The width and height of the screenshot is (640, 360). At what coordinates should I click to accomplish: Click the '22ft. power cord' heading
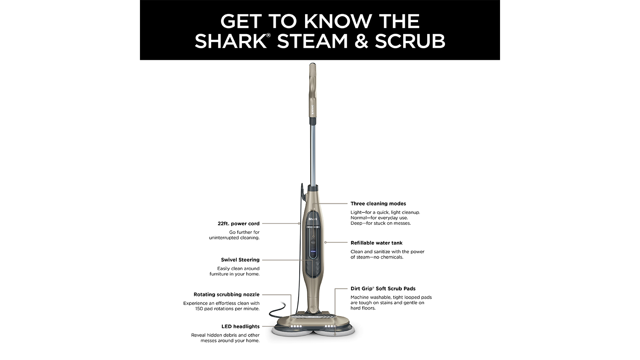pos(239,224)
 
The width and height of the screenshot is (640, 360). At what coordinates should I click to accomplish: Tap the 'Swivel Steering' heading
pos(240,260)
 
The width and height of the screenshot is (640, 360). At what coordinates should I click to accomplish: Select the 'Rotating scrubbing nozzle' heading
pos(227,294)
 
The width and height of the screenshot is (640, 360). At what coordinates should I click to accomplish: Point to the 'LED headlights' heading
pos(241,326)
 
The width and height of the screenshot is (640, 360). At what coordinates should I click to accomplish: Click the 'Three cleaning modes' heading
pos(378,203)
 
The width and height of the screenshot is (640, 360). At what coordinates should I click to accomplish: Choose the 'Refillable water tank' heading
pos(377,243)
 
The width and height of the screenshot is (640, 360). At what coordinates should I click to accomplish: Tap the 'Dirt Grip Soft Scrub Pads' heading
pos(383,289)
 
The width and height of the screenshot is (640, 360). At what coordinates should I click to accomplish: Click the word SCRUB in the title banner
pos(410,41)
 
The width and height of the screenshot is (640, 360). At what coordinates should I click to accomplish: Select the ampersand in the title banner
pos(360,41)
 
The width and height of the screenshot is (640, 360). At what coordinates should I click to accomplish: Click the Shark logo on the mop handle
pos(313,110)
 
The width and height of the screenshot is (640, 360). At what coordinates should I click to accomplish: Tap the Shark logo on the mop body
pos(313,219)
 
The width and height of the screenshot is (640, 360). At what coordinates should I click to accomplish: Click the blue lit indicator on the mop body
pos(313,251)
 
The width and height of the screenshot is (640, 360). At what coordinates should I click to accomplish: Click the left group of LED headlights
pos(296,326)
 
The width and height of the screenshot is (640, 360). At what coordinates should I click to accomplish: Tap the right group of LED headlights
pos(330,326)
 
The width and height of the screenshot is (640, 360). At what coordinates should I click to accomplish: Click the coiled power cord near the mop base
pos(277,311)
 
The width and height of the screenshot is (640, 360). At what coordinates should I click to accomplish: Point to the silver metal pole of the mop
pos(313,154)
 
